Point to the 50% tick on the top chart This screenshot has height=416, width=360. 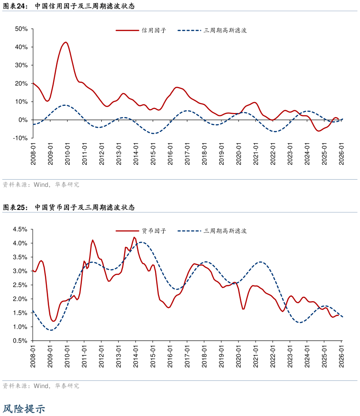pos(22,29)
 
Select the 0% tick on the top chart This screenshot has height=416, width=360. pos(23,120)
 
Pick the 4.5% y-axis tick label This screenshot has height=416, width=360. pos(21,229)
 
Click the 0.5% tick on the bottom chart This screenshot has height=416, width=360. pos(21,341)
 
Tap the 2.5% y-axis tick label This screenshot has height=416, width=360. pos(21,285)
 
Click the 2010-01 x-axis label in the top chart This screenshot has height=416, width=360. pos(67,154)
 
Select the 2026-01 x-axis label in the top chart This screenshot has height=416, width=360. pos(342,154)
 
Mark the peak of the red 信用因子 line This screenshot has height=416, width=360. pos(66,42)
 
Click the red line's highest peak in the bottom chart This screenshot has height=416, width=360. pos(134,237)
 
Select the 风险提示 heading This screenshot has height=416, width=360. pos(24,409)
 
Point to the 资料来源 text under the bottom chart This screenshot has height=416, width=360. pos(15,386)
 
